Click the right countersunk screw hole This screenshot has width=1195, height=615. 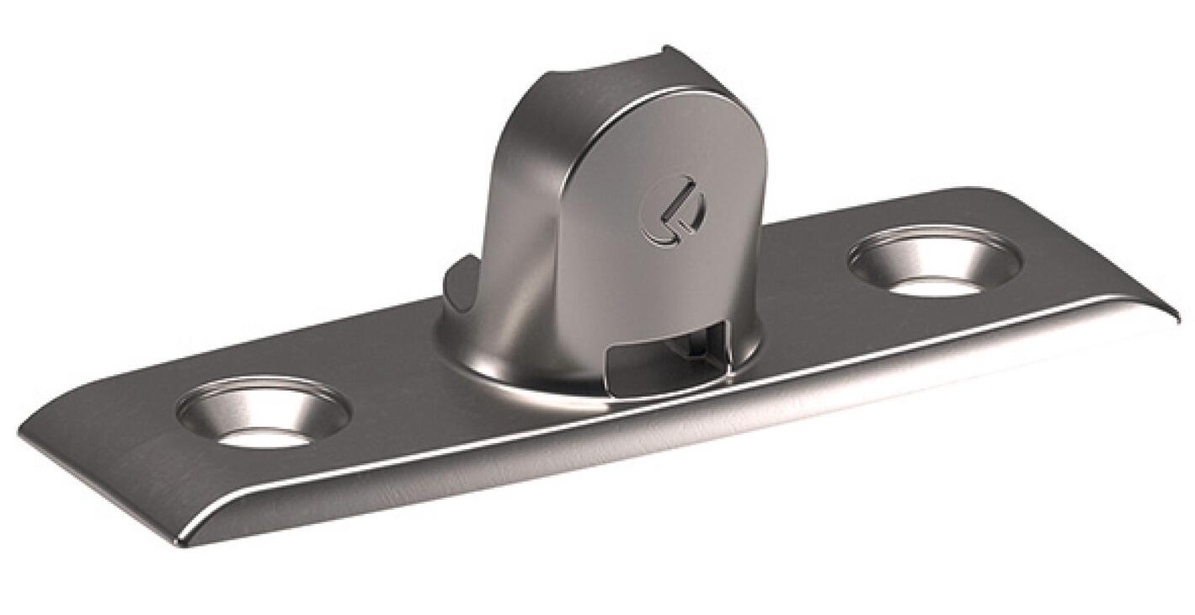(934, 261)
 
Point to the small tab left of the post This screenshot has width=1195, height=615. (455, 282)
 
